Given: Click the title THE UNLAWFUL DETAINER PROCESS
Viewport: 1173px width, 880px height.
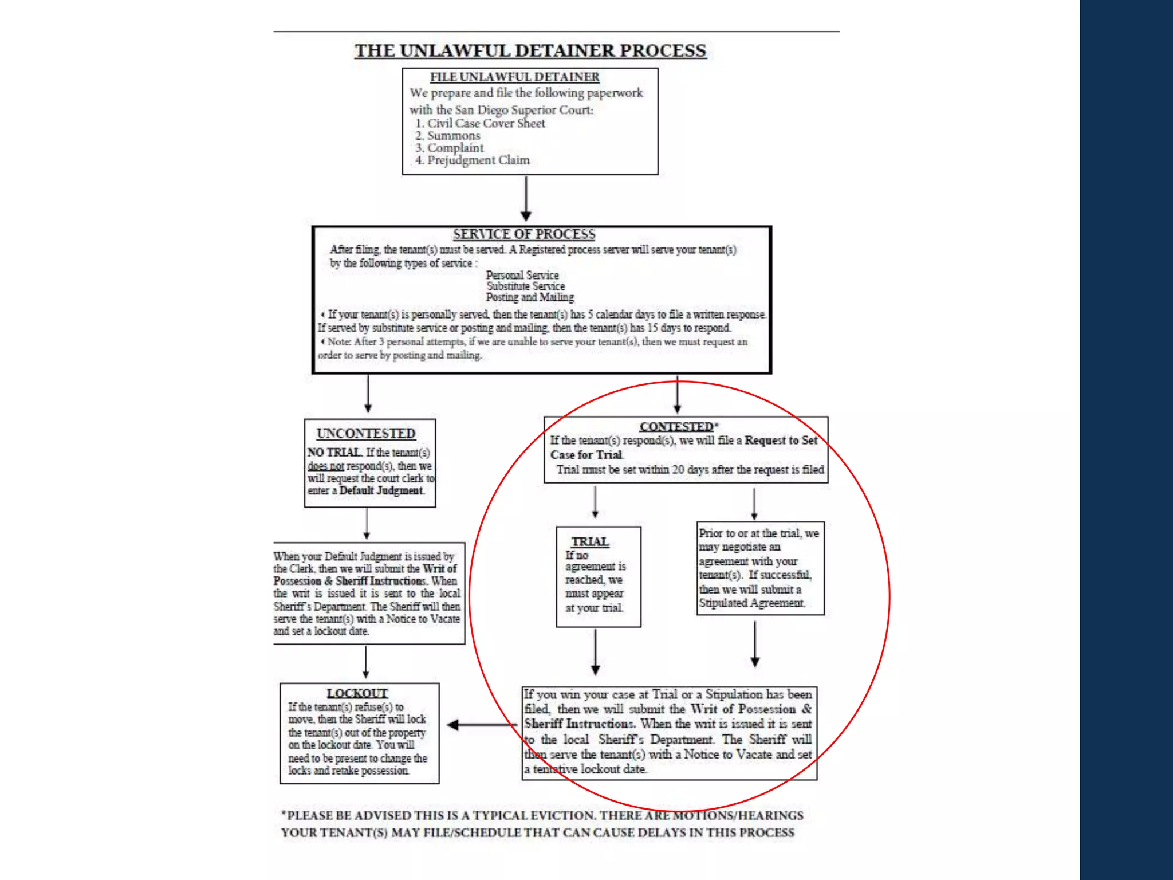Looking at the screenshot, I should click(x=530, y=50).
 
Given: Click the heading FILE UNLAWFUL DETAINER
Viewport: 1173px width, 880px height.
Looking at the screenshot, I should click(x=514, y=77).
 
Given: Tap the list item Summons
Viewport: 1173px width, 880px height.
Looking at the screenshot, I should click(x=453, y=136).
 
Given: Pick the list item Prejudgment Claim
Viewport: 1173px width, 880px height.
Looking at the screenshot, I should click(x=478, y=160).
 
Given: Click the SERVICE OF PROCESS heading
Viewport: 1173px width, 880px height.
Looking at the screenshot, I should click(x=524, y=234).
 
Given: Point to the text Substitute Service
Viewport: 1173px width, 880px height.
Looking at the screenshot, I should click(x=526, y=286).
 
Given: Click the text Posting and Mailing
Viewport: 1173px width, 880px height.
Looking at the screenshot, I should click(x=530, y=297).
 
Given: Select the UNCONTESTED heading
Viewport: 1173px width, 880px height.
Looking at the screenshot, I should click(x=366, y=434).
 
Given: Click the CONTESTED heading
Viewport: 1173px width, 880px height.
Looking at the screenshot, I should click(x=676, y=427).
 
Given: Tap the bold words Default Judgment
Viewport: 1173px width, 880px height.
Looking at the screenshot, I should click(x=381, y=490).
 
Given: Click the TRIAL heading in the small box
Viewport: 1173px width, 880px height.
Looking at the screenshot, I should click(x=590, y=541).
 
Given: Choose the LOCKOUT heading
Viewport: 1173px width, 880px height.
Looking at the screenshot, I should click(x=357, y=693).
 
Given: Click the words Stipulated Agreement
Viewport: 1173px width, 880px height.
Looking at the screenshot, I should click(x=751, y=603).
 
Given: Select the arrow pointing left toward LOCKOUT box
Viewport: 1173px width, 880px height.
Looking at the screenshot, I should click(x=481, y=725).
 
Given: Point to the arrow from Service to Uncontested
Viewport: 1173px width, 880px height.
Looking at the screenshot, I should click(x=368, y=394).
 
